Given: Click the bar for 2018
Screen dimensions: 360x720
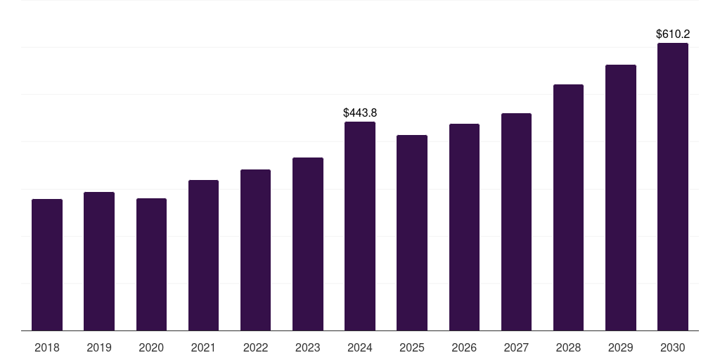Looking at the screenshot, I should [x=47, y=265].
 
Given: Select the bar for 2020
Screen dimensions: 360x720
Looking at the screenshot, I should [x=151, y=264].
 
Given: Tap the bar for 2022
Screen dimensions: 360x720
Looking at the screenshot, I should [x=255, y=250].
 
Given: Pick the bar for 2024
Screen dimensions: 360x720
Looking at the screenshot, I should [x=360, y=226].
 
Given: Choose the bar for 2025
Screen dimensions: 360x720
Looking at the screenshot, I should [x=412, y=233].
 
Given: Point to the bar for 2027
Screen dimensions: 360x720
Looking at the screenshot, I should [x=516, y=222].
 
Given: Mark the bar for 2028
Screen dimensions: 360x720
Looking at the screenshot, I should [x=568, y=207].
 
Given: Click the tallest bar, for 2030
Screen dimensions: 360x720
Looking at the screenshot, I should [x=673, y=187].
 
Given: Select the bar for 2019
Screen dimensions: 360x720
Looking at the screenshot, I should [x=99, y=262].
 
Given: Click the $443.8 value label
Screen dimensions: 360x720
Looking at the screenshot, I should [x=360, y=112].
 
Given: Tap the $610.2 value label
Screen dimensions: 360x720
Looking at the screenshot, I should [x=673, y=34].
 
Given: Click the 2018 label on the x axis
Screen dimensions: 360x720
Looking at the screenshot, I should [x=47, y=347].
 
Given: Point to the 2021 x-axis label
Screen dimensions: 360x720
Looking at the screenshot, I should [x=203, y=347].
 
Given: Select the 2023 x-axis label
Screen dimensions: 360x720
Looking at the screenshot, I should [x=307, y=347].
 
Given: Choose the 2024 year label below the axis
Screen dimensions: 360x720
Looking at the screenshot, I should [x=360, y=347].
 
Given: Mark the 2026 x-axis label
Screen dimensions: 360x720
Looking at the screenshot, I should [x=464, y=347].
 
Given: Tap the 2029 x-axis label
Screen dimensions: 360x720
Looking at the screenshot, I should [x=621, y=347].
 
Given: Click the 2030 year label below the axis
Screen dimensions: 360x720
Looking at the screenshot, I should [x=673, y=347].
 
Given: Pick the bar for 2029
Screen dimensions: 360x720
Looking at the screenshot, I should [x=621, y=198].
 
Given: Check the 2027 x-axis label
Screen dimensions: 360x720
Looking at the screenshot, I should [x=516, y=347].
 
